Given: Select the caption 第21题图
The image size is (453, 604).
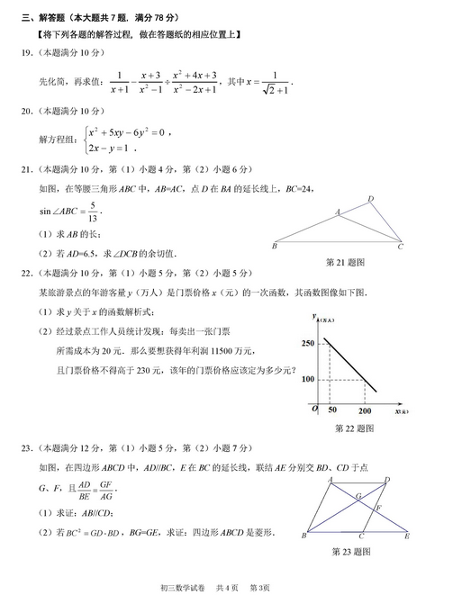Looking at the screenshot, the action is (345, 262).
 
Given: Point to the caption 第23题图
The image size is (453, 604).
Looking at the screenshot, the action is (352, 550).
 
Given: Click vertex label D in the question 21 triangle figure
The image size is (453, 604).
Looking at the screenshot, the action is (370, 199).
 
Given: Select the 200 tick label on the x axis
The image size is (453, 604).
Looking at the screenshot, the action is (364, 410).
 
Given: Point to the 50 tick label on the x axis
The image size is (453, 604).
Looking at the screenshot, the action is (331, 410).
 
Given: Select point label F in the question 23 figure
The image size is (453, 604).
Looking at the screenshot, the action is (379, 509).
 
